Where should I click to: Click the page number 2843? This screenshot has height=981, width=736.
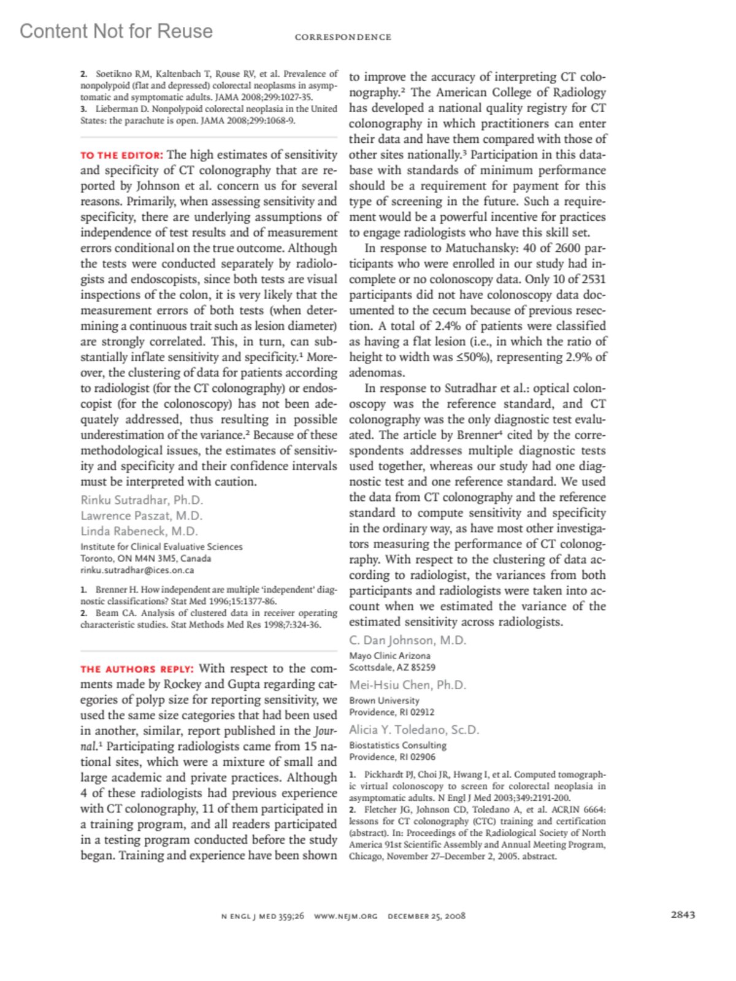(x=683, y=915)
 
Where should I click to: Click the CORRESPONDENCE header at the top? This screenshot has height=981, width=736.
(x=343, y=37)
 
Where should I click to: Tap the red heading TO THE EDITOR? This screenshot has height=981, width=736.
(x=121, y=156)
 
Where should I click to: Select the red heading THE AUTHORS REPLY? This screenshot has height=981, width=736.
(x=137, y=670)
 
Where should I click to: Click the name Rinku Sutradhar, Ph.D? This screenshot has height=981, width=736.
(x=142, y=500)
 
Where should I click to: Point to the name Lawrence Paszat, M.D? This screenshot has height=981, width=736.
(x=141, y=516)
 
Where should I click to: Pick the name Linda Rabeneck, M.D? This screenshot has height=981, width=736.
(x=139, y=531)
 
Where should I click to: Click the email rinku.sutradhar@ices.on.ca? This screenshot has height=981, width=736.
(x=137, y=570)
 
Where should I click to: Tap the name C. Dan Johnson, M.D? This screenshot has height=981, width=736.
(x=407, y=640)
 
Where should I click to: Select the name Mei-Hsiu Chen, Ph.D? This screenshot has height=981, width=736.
(x=407, y=685)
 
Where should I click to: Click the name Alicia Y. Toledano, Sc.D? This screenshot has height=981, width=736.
(x=414, y=730)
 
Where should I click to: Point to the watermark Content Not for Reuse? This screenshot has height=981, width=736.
(x=117, y=31)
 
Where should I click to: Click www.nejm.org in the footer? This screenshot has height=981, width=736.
(x=345, y=916)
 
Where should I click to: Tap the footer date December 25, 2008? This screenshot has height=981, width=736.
(x=426, y=916)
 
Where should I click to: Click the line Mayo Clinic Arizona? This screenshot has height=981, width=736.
(x=389, y=655)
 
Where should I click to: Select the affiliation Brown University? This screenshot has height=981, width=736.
(x=384, y=700)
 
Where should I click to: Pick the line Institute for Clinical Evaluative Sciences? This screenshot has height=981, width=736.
(x=161, y=547)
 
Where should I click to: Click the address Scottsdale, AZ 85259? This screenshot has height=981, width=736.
(x=392, y=667)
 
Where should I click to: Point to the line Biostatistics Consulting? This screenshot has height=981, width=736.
(x=397, y=745)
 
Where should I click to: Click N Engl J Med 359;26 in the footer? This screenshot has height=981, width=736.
(x=263, y=916)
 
